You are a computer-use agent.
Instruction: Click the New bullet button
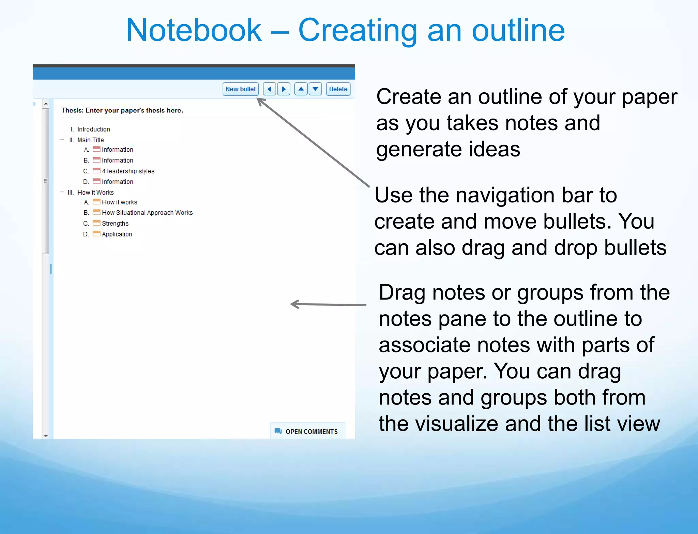tap(241, 89)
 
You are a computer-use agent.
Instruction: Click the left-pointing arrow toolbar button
tap(269, 89)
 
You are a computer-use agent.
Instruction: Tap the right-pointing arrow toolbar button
tap(284, 89)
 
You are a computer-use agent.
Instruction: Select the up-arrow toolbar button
tap(301, 89)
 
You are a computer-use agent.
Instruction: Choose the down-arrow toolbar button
tap(315, 89)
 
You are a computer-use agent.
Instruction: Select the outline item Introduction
tap(93, 129)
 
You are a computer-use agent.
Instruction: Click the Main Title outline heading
tap(90, 140)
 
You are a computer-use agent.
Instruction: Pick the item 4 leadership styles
tap(128, 171)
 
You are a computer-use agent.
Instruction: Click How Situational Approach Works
tap(147, 213)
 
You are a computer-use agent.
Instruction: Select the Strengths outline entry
tap(115, 224)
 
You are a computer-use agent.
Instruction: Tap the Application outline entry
tap(117, 234)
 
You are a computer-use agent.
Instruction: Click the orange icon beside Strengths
tap(97, 223)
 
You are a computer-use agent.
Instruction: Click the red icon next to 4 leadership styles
tap(97, 170)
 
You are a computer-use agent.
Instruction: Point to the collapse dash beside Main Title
tap(62, 140)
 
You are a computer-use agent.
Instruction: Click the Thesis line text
tap(122, 110)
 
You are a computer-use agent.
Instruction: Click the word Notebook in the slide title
tap(194, 31)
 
